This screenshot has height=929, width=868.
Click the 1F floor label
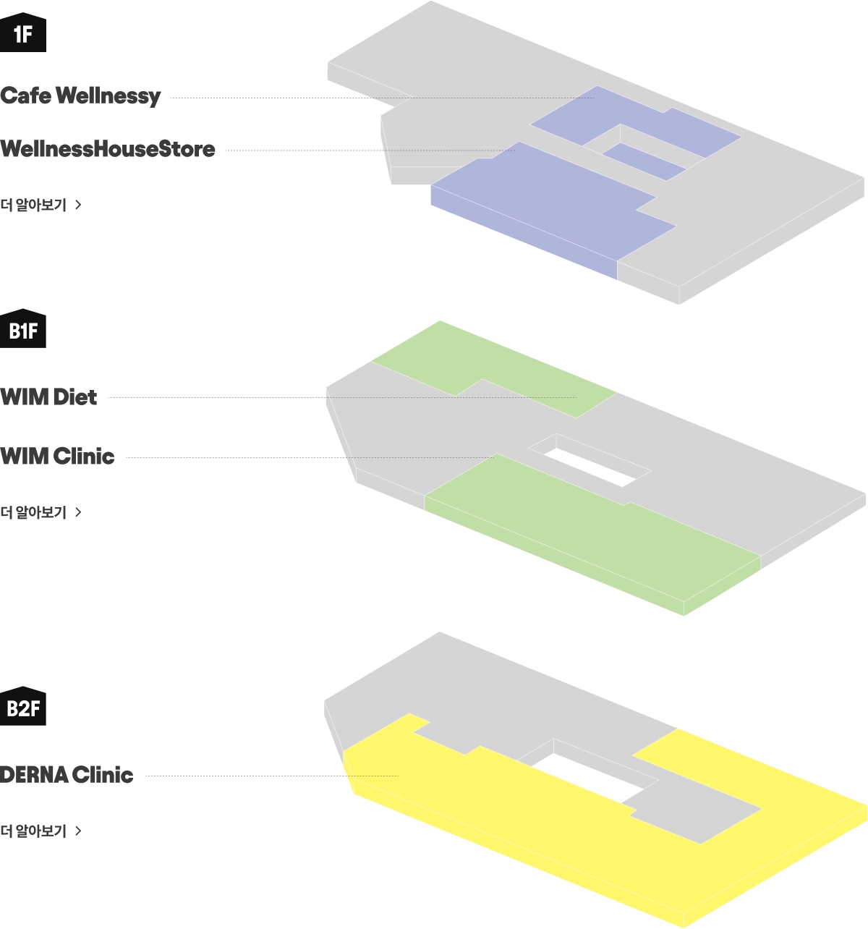point(22,34)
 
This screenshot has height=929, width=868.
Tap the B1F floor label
point(22,331)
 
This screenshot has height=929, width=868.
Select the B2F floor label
point(22,708)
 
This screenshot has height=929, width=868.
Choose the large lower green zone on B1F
point(593,528)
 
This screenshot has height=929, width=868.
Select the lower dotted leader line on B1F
point(420,458)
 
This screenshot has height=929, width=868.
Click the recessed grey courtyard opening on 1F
point(622,137)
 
